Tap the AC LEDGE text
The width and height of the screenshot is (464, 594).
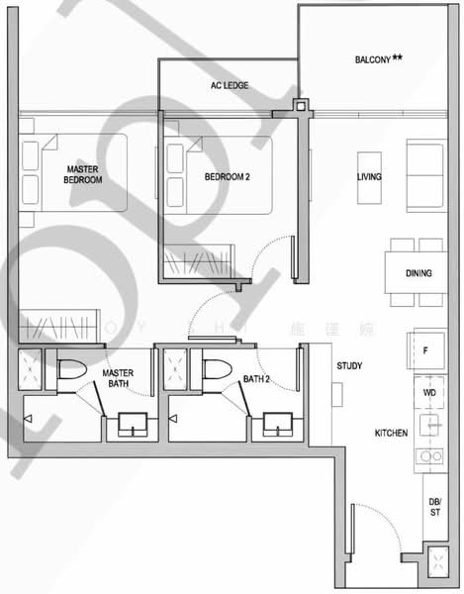(x=229, y=86)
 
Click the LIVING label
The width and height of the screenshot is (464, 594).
(x=370, y=177)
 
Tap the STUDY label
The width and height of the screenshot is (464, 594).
(x=348, y=365)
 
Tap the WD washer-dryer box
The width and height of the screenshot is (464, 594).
(x=427, y=392)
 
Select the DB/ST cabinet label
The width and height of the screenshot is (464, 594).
(x=435, y=509)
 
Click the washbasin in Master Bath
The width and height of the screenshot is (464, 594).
(x=132, y=425)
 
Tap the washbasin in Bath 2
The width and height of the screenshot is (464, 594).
(x=278, y=425)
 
